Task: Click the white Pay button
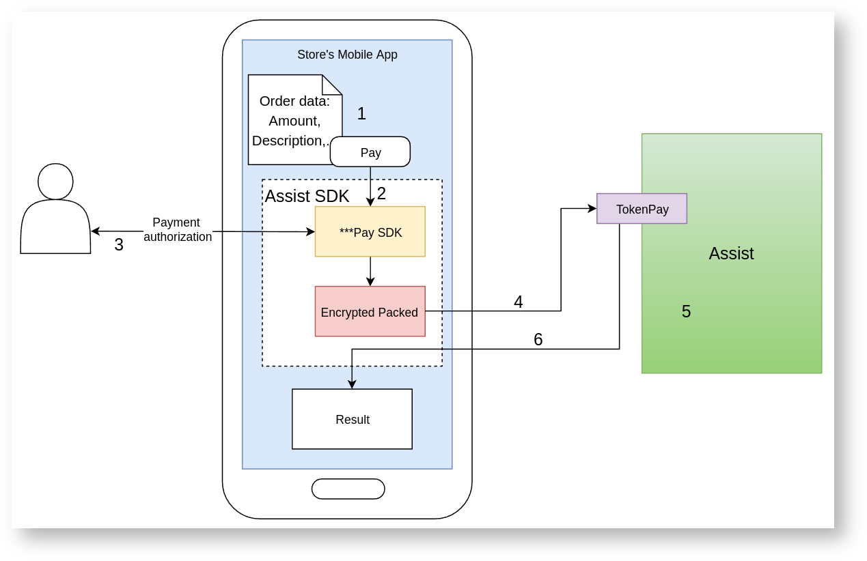point(370,152)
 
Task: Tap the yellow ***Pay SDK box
point(370,232)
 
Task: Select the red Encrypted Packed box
point(370,312)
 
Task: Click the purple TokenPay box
point(642,209)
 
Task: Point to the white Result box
point(352,419)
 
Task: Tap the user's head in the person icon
point(55,181)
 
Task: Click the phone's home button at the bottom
point(348,489)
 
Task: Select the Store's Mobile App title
point(347,55)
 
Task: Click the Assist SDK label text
point(307,197)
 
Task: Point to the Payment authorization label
point(177,230)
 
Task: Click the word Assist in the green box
point(731,253)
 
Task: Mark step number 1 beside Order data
point(361,113)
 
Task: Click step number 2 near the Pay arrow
point(381,194)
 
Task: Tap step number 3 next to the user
point(119,244)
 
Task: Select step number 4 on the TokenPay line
point(519,302)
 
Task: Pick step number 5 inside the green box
point(686,311)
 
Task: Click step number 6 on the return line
point(538,339)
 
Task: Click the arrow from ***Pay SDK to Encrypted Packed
point(370,272)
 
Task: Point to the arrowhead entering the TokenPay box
point(592,209)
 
